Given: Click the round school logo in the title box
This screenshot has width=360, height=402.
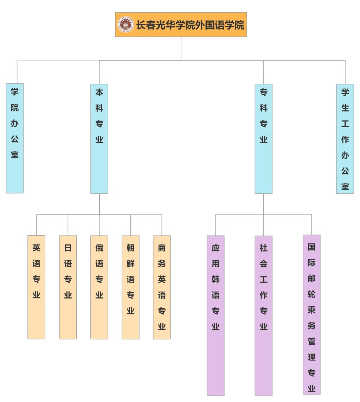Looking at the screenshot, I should pos(126,25).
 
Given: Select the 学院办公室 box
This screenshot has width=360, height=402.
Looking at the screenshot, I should pos(15,138).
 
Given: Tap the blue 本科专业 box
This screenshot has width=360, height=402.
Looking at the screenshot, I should pos(99,139).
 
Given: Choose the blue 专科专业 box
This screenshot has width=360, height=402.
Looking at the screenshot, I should pos(263,139).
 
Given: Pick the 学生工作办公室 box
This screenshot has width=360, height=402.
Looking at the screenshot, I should pos(345,139).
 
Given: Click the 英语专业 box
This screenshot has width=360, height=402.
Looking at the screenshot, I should pos(37,287).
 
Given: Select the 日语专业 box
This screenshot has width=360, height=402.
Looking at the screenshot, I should pos(68,287).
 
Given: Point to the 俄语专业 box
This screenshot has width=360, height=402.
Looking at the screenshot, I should pos(99,287).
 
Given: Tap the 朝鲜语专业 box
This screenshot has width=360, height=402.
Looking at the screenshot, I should pos(130,287).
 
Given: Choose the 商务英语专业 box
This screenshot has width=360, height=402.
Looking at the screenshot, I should pos(162,287).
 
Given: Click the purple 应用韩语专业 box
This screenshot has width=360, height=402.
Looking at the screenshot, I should pos(216,315).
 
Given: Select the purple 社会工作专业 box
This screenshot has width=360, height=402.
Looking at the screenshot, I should pos(263,315).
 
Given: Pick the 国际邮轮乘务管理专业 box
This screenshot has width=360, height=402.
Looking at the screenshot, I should pos(311,315).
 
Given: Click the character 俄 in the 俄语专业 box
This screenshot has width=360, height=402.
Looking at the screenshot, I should pos(99,248).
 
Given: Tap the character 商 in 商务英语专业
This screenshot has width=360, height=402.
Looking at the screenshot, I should pos(162,248).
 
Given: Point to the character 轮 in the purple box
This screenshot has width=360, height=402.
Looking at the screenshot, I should pos(311,294).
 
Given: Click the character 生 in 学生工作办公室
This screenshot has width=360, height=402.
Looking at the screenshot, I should pos(345,108).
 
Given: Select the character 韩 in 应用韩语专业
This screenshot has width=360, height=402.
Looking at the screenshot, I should pos(216,279).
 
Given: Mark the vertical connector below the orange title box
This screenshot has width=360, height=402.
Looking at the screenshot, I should pos(181,48).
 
